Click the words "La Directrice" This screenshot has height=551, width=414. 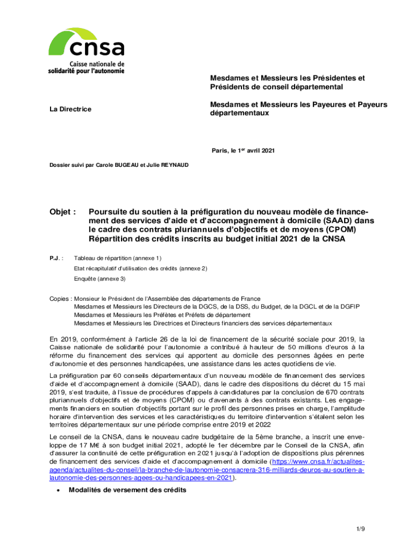click(x=70, y=109)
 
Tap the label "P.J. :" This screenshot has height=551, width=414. click(x=56, y=258)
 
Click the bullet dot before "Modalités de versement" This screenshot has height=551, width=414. click(x=58, y=490)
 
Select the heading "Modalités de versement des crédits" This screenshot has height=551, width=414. click(x=127, y=490)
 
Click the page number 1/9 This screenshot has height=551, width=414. click(x=360, y=529)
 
